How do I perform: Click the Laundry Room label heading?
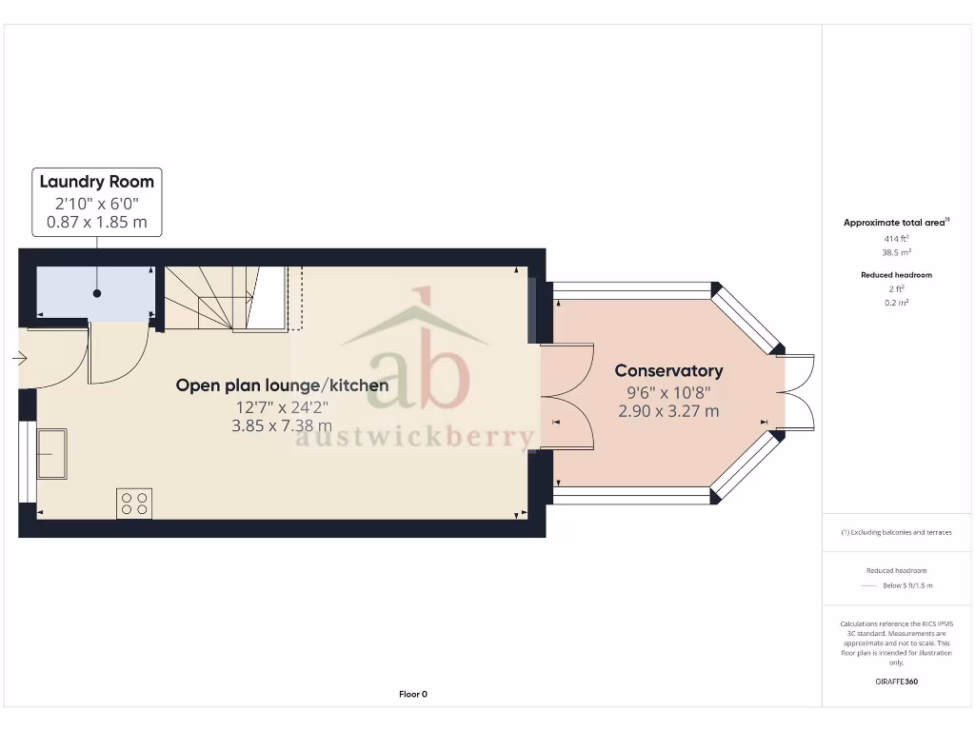pos(96,181)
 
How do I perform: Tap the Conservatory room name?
pos(668,370)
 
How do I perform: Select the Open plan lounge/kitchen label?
pos(282,385)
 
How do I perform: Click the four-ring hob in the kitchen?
pos(134,503)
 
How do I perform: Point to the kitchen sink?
pos(51,453)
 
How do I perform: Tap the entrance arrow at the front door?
pos(20,359)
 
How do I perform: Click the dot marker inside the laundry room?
pos(97,294)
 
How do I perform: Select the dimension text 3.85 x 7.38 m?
pos(282,426)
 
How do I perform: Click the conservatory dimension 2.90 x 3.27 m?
pos(668,411)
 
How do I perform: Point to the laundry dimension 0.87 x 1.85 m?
pos(96,223)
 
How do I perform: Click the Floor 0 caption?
pos(413,694)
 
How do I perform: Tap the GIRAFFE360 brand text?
pos(895,682)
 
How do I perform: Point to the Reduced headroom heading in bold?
pos(895,274)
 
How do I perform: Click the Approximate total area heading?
pos(894,223)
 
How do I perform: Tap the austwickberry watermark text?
pos(415,437)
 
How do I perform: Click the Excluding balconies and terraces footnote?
pos(896,532)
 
